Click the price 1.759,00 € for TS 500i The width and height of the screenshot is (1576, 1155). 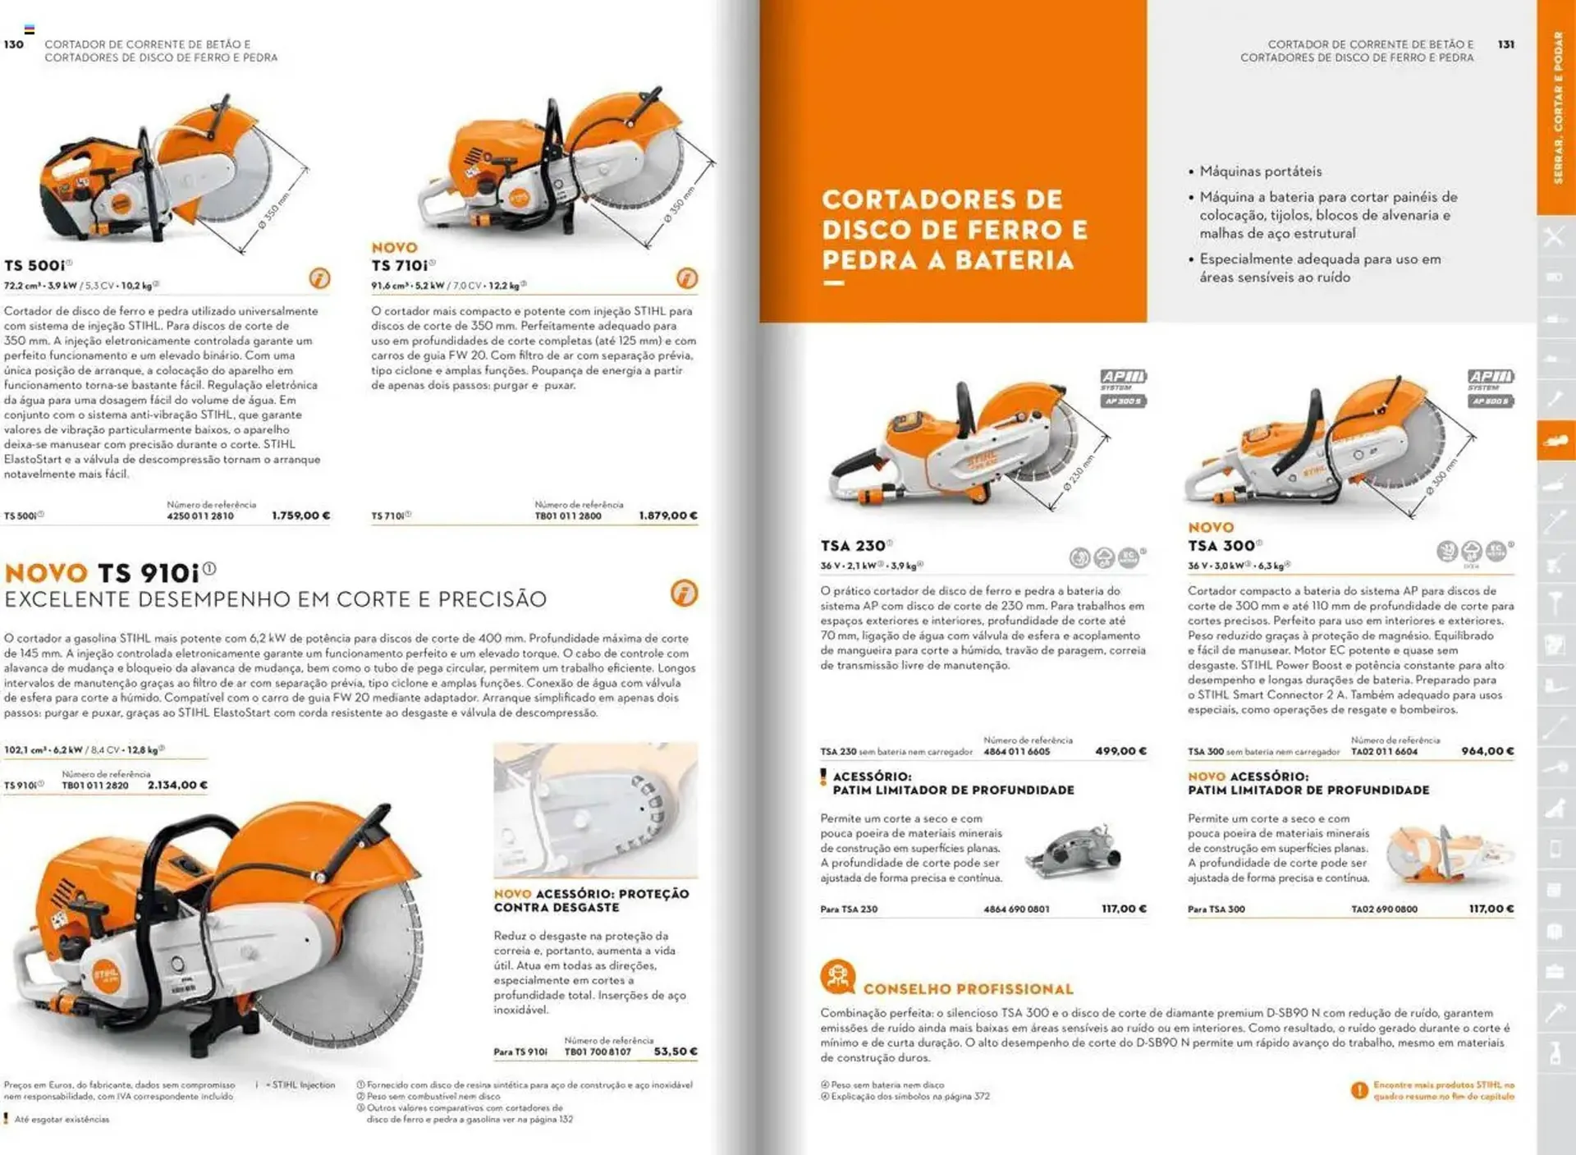click(300, 516)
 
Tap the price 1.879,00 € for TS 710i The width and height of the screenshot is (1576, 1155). click(667, 516)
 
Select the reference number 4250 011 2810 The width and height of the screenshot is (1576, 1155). click(199, 516)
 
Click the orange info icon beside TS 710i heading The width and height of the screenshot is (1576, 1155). click(687, 278)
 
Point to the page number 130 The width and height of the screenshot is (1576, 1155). click(14, 44)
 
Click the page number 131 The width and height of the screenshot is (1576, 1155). click(1505, 44)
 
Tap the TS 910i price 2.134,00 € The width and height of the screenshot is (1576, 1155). click(177, 786)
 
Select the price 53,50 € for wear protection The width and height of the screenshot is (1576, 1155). click(675, 1052)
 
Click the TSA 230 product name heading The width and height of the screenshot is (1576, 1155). click(853, 546)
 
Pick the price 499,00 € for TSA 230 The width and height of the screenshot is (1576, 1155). click(1120, 751)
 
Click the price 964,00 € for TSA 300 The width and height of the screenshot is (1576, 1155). click(1487, 751)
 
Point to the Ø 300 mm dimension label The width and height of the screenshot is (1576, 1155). click(1442, 476)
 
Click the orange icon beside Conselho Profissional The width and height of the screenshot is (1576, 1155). click(837, 977)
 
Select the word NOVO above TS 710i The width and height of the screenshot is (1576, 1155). click(394, 248)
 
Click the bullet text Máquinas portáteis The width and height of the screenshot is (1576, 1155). click(1260, 172)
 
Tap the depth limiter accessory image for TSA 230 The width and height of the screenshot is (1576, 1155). click(1074, 854)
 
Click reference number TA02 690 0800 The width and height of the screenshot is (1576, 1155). click(1384, 910)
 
